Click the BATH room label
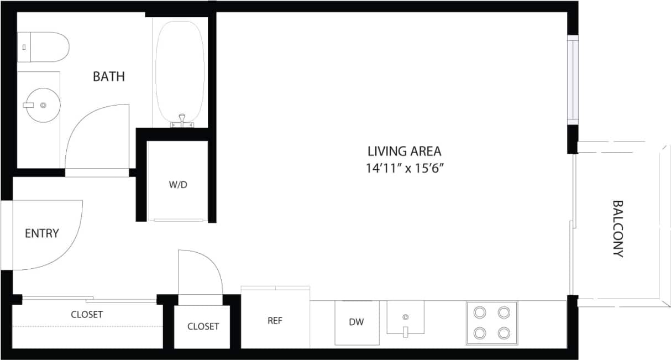(x=109, y=76)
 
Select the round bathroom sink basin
(x=43, y=105)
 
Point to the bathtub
(x=180, y=66)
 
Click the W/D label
(x=178, y=185)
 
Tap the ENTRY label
(x=41, y=233)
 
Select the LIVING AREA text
(x=405, y=150)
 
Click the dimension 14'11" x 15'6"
(x=405, y=168)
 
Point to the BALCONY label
(x=618, y=228)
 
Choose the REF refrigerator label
(x=275, y=321)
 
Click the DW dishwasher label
(x=357, y=322)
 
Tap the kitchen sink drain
(x=405, y=317)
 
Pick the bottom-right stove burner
(x=504, y=333)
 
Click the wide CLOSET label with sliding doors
(x=87, y=314)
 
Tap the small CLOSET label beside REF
(x=203, y=326)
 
